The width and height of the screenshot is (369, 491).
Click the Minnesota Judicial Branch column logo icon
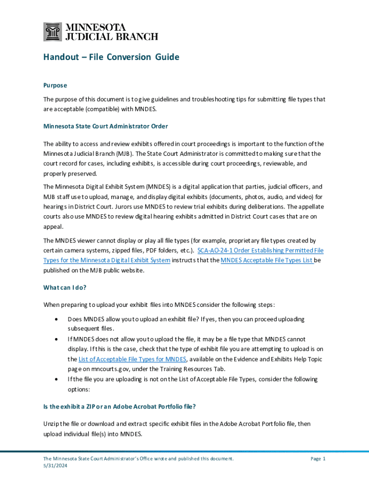tap(53, 32)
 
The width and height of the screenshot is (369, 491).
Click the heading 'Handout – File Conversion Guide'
tap(111, 58)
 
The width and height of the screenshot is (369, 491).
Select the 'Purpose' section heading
tap(55, 85)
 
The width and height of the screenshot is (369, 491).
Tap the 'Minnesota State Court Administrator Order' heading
tap(105, 127)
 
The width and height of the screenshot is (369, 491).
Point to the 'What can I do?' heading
tap(65, 288)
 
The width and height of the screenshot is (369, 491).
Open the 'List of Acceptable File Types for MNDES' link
tap(127, 359)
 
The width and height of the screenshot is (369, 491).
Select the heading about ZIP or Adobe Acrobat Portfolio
tap(119, 407)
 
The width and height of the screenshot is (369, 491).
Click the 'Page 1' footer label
tap(318, 459)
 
